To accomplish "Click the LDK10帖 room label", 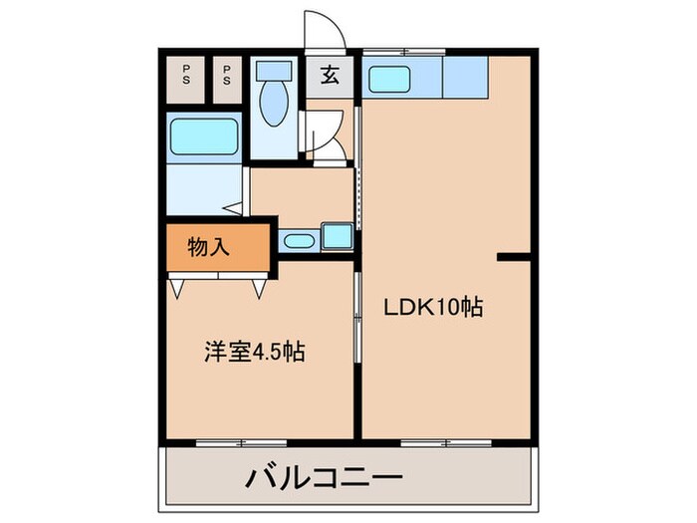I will click(x=433, y=308).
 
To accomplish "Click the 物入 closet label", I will click(x=209, y=246).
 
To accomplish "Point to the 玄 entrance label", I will click(x=328, y=75).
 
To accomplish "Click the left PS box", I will click(x=187, y=76).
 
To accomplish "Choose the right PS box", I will click(x=227, y=76).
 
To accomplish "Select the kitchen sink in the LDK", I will click(x=394, y=76).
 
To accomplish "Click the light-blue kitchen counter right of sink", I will click(x=463, y=76).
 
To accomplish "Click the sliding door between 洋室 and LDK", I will click(x=356, y=319).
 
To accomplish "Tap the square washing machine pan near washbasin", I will click(x=336, y=237).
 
